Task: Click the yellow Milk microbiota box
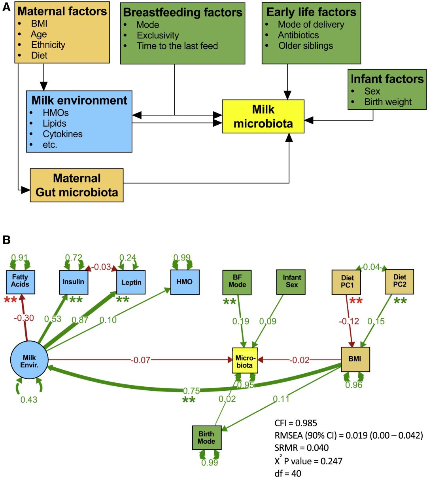(x=263, y=116)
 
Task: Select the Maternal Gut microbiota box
(x=77, y=185)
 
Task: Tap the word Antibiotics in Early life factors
(x=298, y=35)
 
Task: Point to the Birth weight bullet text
(x=388, y=102)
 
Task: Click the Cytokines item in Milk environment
(x=62, y=134)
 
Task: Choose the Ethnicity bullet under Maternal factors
(x=48, y=45)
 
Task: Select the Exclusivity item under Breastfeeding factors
(x=157, y=35)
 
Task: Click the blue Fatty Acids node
(x=20, y=281)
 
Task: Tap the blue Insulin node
(x=74, y=282)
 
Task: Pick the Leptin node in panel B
(x=131, y=282)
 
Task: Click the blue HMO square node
(x=185, y=282)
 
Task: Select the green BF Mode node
(x=237, y=282)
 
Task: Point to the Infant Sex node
(x=292, y=281)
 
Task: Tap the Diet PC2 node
(x=399, y=281)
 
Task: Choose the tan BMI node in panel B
(x=355, y=359)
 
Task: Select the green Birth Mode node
(x=206, y=438)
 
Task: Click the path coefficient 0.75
(x=191, y=391)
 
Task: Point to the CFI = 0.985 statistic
(x=296, y=423)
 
